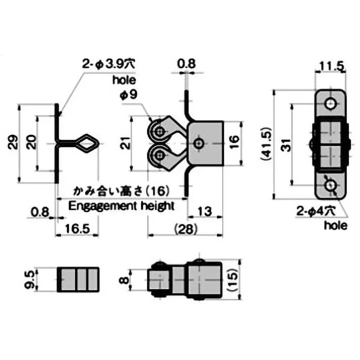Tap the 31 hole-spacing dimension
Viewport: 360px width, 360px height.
[x=286, y=145]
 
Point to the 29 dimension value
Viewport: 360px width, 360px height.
[x=13, y=142]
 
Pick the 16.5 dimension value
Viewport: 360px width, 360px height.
[x=77, y=229]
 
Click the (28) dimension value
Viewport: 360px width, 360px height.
[x=186, y=229]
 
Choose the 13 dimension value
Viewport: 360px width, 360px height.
[x=204, y=211]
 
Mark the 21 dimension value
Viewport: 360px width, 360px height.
[x=126, y=143]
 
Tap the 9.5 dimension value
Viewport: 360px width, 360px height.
[x=29, y=279]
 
